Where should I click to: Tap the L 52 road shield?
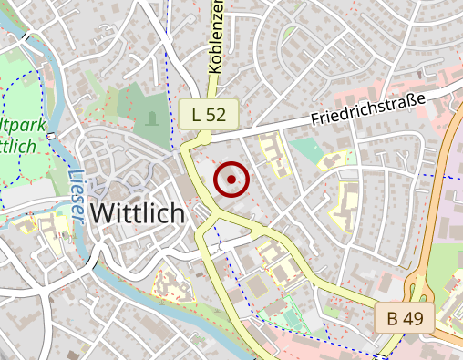pos(209,114)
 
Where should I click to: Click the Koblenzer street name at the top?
pos(216,36)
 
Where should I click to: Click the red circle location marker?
pos(231,180)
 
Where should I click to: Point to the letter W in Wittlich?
pos(104,213)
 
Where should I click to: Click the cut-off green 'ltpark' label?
pos(18,125)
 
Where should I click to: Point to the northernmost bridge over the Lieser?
pos(51,136)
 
